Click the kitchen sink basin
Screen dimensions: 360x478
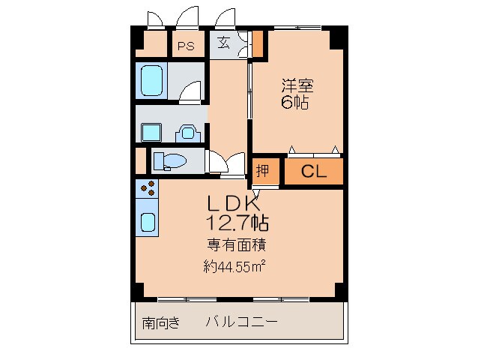pos(148,222)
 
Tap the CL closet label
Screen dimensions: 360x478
pos(313,171)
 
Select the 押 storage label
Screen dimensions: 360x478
pos(262,170)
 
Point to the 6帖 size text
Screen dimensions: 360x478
pos(295,103)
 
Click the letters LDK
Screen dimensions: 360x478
pos(234,203)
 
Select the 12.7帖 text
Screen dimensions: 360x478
pos(238,222)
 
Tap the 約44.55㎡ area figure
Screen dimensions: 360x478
pos(235,265)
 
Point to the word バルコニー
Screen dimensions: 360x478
pos(241,322)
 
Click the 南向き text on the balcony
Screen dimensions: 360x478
pos(161,323)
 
